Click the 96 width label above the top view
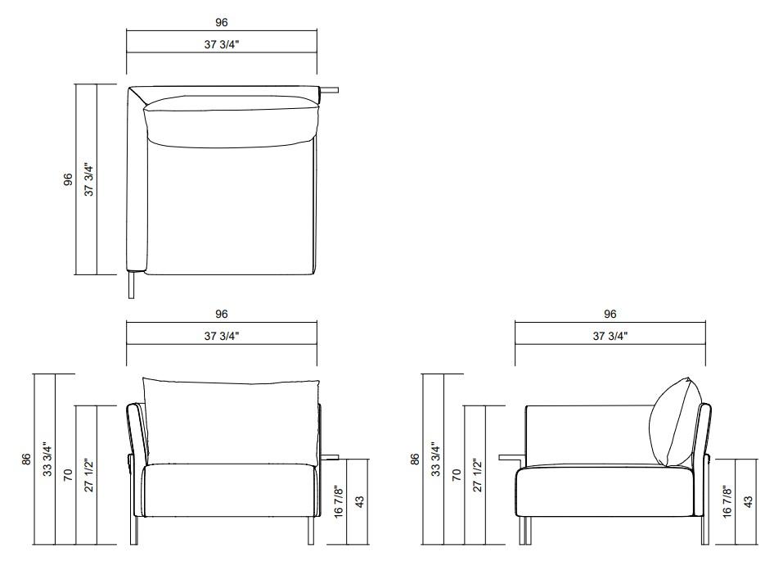221,22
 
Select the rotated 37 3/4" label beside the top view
89,179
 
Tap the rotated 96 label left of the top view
68,179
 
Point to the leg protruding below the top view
132,286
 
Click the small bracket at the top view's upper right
329,90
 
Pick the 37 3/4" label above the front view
221,336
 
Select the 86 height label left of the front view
26,459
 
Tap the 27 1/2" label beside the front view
89,475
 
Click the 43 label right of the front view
359,502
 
